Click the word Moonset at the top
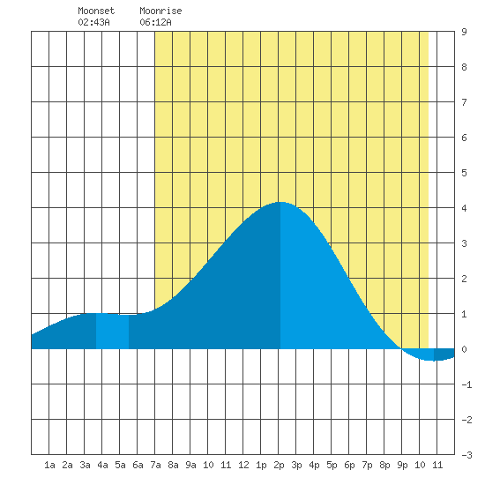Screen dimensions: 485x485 click(x=96, y=11)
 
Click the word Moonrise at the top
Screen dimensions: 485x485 click(x=160, y=11)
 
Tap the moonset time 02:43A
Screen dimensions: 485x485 click(x=93, y=22)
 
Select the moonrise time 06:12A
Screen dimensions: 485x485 click(x=155, y=22)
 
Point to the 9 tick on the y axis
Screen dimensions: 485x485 click(x=464, y=32)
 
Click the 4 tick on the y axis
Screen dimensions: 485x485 click(x=464, y=208)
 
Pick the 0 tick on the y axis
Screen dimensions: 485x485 click(x=464, y=349)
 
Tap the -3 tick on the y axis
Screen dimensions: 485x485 click(x=466, y=455)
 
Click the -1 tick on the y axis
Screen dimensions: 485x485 click(x=466, y=384)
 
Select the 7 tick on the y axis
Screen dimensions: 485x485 click(x=464, y=102)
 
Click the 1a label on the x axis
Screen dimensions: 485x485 click(x=49, y=465)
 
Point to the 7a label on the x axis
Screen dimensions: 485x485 click(x=155, y=465)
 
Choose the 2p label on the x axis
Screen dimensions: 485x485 click(x=279, y=465)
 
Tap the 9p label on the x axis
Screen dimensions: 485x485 click(x=402, y=465)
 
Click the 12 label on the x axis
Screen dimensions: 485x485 click(x=243, y=465)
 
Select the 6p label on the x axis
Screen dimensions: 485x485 click(x=349, y=465)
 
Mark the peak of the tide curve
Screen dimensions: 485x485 click(x=280, y=202)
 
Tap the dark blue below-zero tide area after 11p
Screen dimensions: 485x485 click(x=444, y=354)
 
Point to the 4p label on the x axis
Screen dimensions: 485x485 click(x=314, y=465)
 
